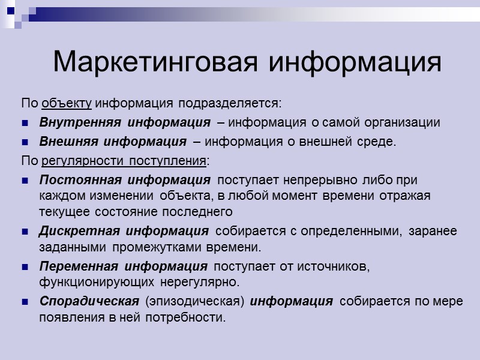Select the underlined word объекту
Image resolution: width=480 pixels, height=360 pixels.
point(67,103)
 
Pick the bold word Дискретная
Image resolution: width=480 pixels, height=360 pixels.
point(71,231)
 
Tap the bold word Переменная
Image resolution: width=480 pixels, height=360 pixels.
point(73,266)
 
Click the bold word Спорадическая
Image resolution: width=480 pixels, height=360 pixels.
point(80,301)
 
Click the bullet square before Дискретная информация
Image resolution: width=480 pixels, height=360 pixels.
point(25,232)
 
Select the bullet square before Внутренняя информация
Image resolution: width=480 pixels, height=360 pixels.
point(25,124)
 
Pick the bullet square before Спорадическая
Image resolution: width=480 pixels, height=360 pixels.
point(25,302)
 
